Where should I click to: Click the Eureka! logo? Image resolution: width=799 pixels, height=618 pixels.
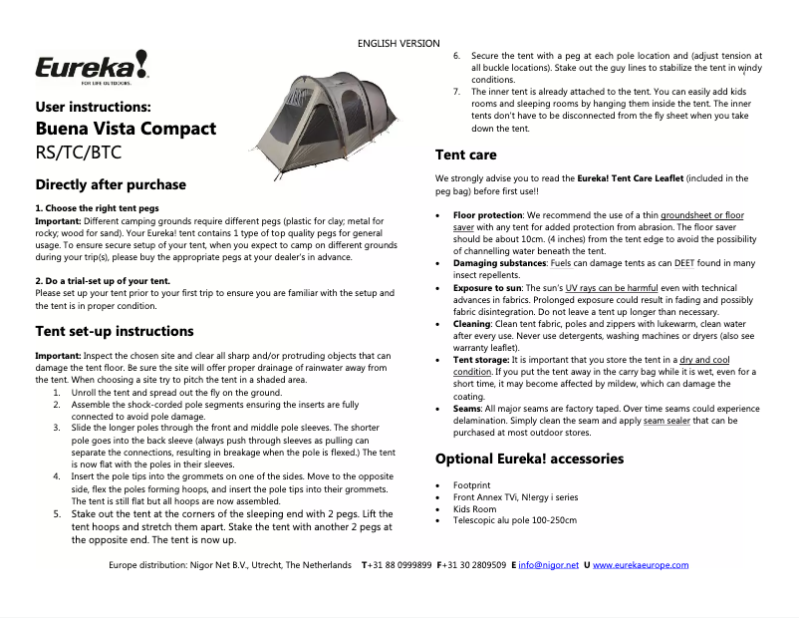pyautogui.click(x=92, y=67)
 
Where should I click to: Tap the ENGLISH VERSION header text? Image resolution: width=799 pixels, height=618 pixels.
pyautogui.click(x=399, y=44)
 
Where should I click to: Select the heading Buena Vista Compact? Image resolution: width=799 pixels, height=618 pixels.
pyautogui.click(x=126, y=129)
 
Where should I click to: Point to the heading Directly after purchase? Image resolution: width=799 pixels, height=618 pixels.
pyautogui.click(x=111, y=184)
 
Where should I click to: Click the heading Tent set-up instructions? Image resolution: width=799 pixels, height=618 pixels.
pyautogui.click(x=115, y=331)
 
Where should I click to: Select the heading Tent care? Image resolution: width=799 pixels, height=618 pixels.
pyautogui.click(x=465, y=154)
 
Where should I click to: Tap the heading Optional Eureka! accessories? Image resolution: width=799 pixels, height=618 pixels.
pyautogui.click(x=529, y=459)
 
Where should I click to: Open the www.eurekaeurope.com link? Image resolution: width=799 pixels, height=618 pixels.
pyautogui.click(x=641, y=565)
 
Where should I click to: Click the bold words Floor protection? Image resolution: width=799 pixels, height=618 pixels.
pyautogui.click(x=488, y=215)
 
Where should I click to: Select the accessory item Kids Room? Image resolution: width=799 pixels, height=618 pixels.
pyautogui.click(x=474, y=508)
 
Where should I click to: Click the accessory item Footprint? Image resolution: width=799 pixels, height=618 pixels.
pyautogui.click(x=471, y=484)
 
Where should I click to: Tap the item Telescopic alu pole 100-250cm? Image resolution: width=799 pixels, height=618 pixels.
pyautogui.click(x=514, y=520)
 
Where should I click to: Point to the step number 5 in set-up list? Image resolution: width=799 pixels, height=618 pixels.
pyautogui.click(x=57, y=514)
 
